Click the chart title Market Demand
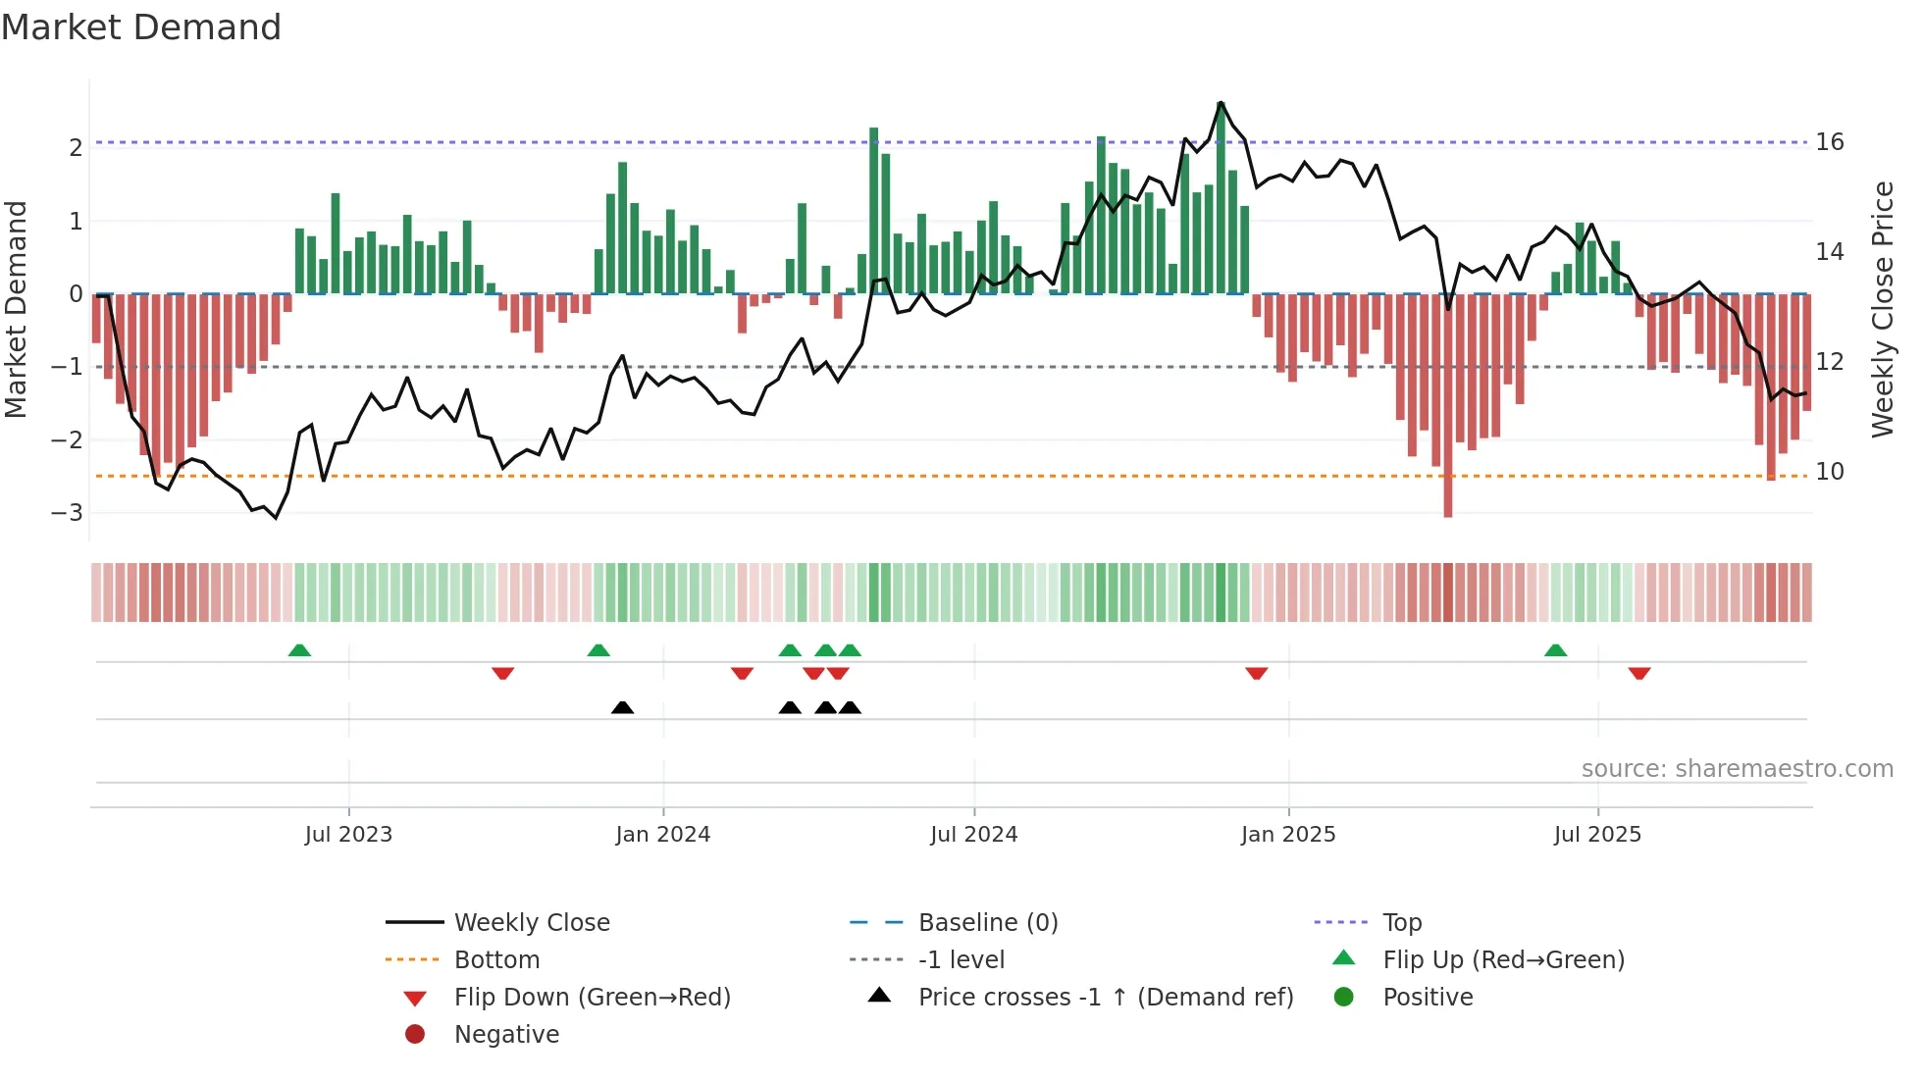141,27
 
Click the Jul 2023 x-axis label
348,835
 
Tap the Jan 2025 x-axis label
1288,835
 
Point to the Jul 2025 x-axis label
1597,835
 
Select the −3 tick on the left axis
68,513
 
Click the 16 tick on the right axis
1830,142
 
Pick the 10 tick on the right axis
1830,472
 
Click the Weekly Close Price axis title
1882,309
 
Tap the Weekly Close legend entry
532,923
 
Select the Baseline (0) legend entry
988,923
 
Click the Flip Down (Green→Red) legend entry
592,998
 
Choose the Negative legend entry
506,1035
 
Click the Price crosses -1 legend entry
1106,998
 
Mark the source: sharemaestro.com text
1737,769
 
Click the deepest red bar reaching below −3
1448,412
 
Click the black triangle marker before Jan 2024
622,707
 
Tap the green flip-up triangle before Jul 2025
1555,650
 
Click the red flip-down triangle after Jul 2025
1639,673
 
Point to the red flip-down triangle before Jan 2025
1257,673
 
